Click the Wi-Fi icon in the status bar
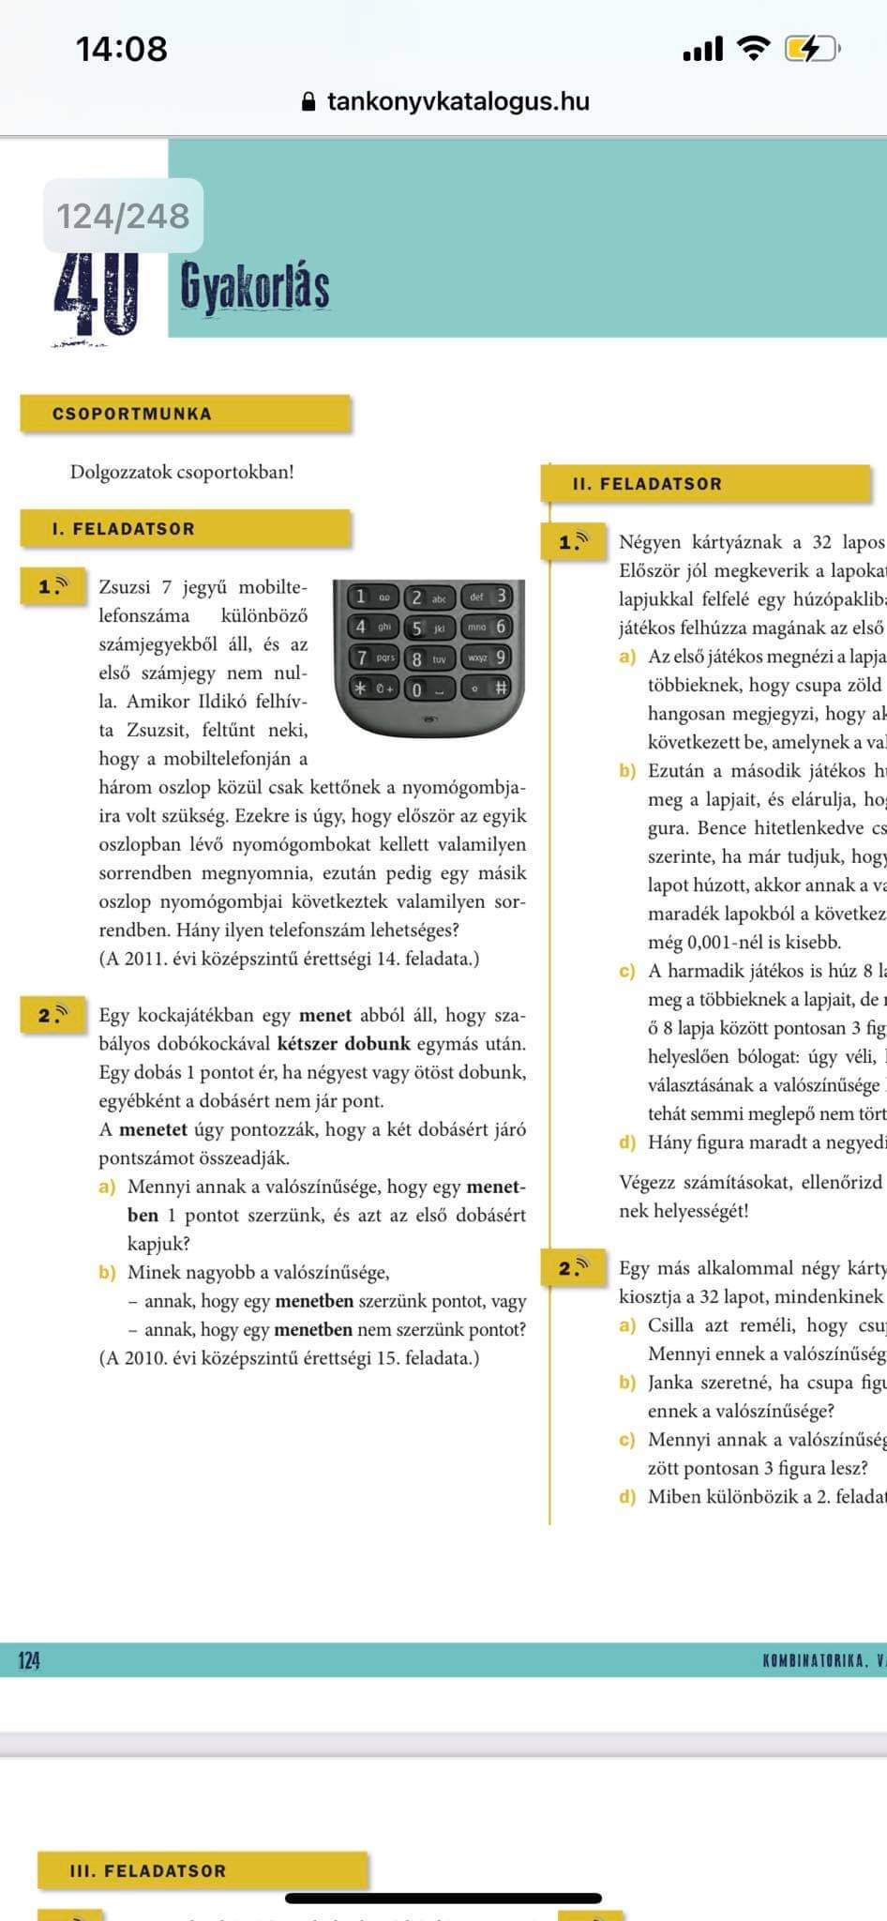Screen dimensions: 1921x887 (752, 48)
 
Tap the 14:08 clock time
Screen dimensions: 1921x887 (121, 49)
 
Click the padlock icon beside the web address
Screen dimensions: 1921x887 (309, 102)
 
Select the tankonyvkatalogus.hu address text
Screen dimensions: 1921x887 (458, 101)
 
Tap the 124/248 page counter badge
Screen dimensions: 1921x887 (123, 216)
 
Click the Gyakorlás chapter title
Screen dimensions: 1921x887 (254, 285)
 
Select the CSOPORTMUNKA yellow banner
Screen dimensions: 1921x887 (185, 414)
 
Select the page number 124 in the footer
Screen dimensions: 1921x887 (29, 1660)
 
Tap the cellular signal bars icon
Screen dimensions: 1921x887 (702, 48)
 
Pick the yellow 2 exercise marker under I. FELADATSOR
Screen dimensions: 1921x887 (53, 1015)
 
